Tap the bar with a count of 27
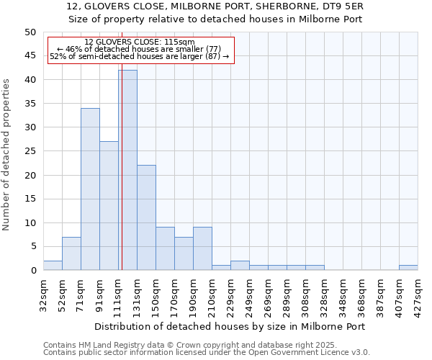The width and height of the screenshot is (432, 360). (109, 206)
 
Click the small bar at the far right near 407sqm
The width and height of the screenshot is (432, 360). (408, 268)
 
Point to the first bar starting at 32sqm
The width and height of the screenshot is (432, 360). (53, 266)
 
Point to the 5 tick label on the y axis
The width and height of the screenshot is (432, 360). (32, 246)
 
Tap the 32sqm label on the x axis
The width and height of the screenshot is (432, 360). (43, 293)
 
